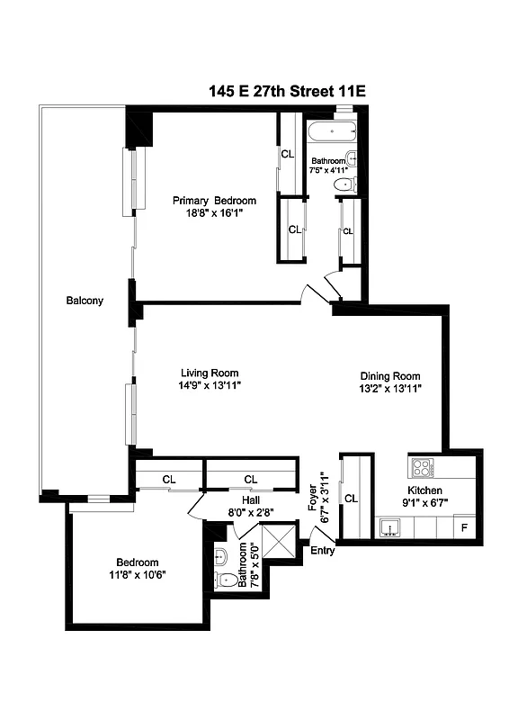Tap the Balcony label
(x=85, y=301)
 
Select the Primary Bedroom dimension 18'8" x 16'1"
(x=214, y=214)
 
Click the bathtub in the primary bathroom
(x=331, y=131)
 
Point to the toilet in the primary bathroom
(x=344, y=185)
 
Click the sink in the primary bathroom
(x=352, y=159)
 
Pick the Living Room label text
(x=210, y=373)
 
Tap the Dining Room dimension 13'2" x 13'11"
(x=390, y=389)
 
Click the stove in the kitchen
(x=422, y=467)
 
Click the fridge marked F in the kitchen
(x=464, y=526)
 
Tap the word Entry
(x=323, y=551)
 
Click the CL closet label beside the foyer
(x=352, y=498)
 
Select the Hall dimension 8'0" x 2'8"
(x=251, y=511)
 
